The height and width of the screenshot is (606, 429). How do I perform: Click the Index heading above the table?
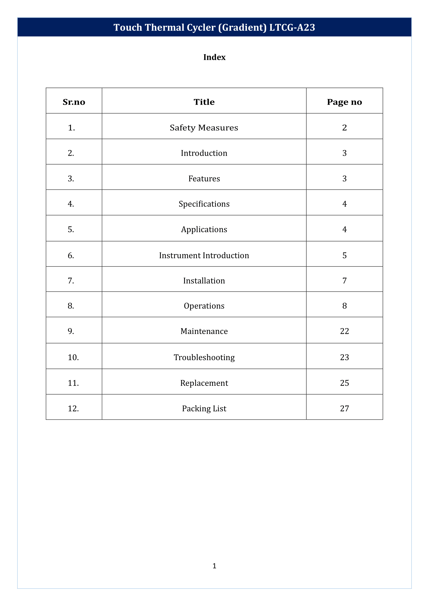coord(214,57)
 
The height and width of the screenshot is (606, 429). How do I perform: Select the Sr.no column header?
coord(74,102)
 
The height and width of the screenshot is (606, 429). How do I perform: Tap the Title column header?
coord(204,102)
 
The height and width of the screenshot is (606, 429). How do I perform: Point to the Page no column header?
coord(344,102)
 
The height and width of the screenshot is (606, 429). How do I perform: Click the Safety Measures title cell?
coord(204,128)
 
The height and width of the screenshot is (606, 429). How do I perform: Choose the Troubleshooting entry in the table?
coord(204,357)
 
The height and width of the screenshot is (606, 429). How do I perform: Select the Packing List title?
coord(204,409)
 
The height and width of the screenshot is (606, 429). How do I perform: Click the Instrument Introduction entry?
coord(204,255)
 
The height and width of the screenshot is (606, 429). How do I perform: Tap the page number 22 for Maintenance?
coord(344,331)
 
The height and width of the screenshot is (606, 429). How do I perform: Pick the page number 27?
coord(344,409)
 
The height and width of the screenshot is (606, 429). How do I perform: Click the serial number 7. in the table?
coord(71,281)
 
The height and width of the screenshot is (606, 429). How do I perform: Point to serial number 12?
coord(73,409)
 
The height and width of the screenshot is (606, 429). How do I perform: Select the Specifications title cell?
coord(204,204)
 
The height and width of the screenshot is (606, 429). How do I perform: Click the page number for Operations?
coord(344,306)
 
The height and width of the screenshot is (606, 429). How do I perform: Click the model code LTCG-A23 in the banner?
coord(292,27)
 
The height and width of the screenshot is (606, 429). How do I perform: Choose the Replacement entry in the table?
coord(204,383)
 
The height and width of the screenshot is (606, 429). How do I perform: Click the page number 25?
coord(344,383)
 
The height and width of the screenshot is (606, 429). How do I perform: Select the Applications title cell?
coord(204,230)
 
